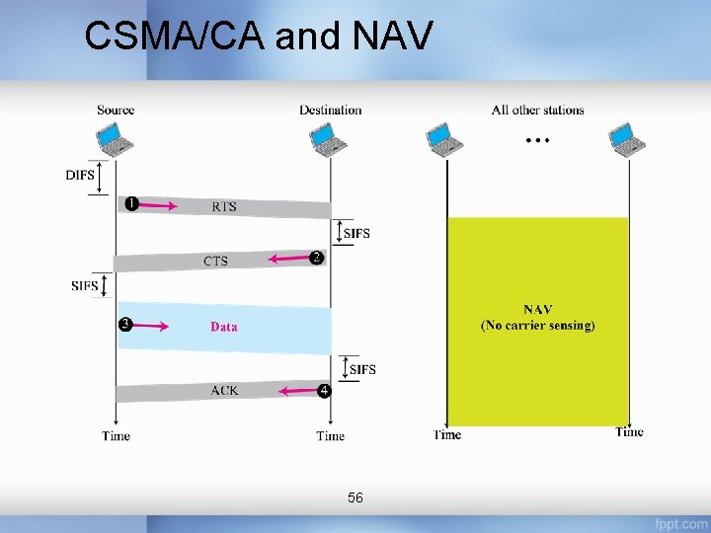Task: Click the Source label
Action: pyautogui.click(x=116, y=110)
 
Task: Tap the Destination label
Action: pyautogui.click(x=330, y=110)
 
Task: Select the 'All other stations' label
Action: pyautogui.click(x=537, y=110)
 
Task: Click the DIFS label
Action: pyautogui.click(x=80, y=176)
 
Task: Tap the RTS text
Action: pyautogui.click(x=224, y=207)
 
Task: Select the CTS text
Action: pyautogui.click(x=215, y=262)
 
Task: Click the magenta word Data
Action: pyautogui.click(x=223, y=327)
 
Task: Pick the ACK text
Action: pyautogui.click(x=224, y=391)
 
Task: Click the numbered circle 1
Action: pyautogui.click(x=130, y=204)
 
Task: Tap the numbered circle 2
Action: pyautogui.click(x=316, y=258)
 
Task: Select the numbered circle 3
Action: pyautogui.click(x=125, y=324)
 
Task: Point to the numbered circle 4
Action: pyautogui.click(x=324, y=391)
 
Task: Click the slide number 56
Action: pyautogui.click(x=355, y=498)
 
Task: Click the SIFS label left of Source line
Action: pyautogui.click(x=85, y=286)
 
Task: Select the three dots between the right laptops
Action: pyautogui.click(x=537, y=141)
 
